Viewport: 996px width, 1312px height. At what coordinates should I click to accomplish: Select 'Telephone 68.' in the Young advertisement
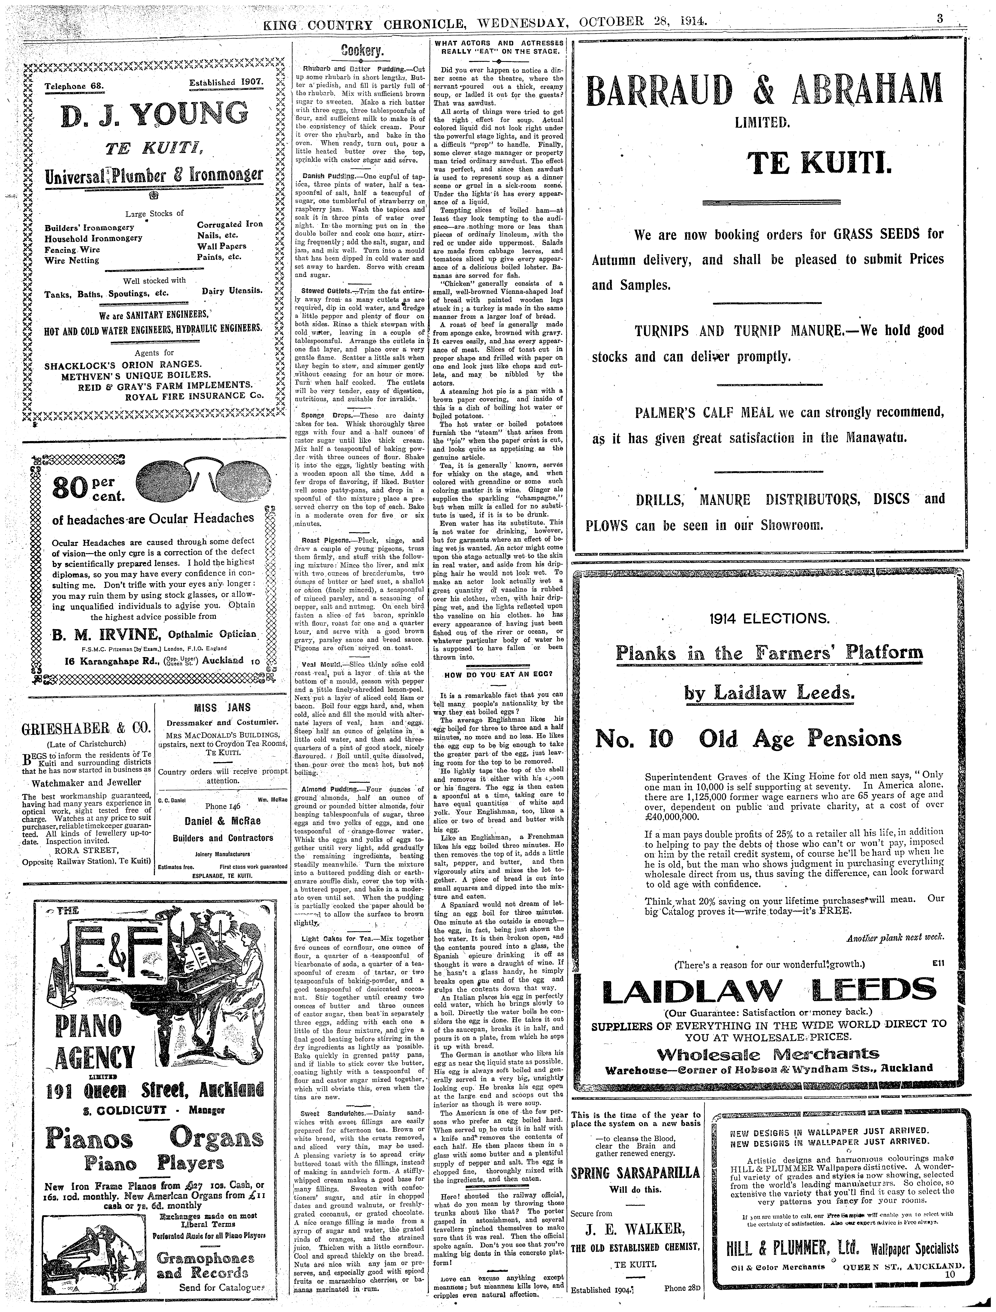[74, 85]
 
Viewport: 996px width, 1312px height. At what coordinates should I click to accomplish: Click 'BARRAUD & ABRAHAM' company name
[764, 91]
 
